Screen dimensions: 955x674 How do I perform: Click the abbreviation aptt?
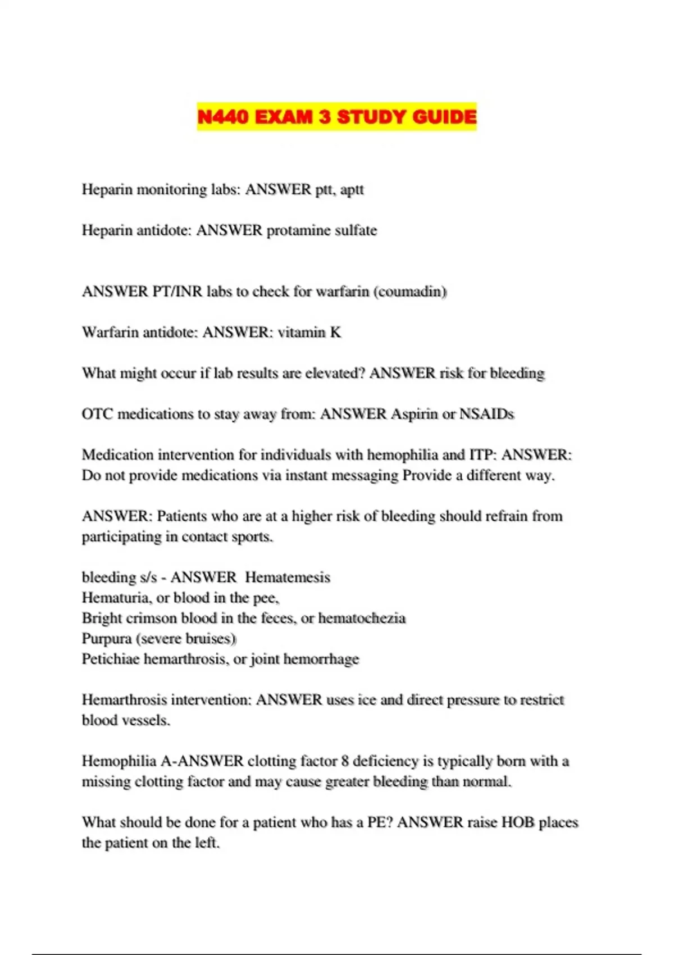(x=352, y=190)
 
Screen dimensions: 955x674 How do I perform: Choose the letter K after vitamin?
(x=335, y=333)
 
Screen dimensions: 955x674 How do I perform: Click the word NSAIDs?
(x=486, y=414)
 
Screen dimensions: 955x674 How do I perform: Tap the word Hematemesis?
(x=288, y=577)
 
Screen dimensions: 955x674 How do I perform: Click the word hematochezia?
(x=362, y=619)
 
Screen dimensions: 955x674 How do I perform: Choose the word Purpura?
(x=107, y=639)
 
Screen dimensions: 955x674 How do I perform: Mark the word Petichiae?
(x=111, y=659)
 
